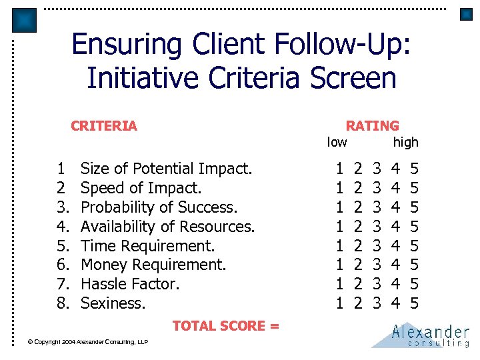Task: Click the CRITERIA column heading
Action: coord(104,125)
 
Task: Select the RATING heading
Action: coord(372,125)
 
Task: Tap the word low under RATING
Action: coord(337,141)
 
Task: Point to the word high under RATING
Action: coord(405,141)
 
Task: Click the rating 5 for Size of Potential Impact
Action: coord(414,169)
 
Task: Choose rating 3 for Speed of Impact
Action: coord(377,188)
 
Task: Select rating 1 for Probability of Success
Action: coord(340,207)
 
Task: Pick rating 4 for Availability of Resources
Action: coord(396,227)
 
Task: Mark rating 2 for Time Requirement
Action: coord(358,245)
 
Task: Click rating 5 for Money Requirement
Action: coord(414,265)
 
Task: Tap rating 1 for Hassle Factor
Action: coord(340,284)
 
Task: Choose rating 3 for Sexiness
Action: coord(377,303)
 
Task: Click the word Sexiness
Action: coord(113,303)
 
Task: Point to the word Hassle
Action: coord(103,284)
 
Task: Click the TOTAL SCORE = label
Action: coord(225,326)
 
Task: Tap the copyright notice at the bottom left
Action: coord(87,342)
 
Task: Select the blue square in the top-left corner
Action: coord(25,20)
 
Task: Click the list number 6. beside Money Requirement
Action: coord(63,265)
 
